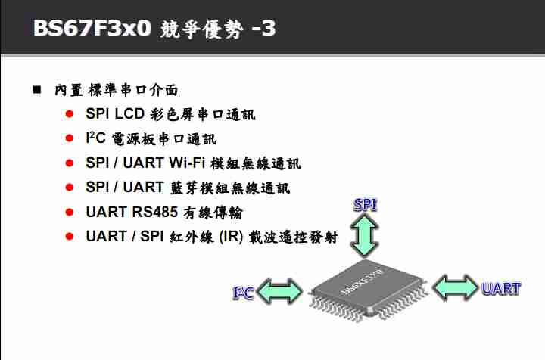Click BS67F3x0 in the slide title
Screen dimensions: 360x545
pyautogui.click(x=91, y=28)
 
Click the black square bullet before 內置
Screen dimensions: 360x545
pyautogui.click(x=36, y=90)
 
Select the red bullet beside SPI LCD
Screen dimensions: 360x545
pyautogui.click(x=69, y=115)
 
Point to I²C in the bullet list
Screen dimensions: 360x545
pyautogui.click(x=96, y=138)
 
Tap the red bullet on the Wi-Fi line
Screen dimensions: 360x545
pyautogui.click(x=69, y=163)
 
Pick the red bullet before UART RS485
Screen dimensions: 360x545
pyautogui.click(x=69, y=212)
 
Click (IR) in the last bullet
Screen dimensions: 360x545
pyautogui.click(x=229, y=236)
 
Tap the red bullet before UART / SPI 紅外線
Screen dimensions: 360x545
pyautogui.click(x=69, y=236)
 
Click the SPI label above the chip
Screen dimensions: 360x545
pyautogui.click(x=366, y=205)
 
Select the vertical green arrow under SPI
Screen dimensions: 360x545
pyautogui.click(x=366, y=234)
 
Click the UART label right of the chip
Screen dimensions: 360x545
pyautogui.click(x=500, y=288)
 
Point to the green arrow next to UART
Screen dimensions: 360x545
pyautogui.click(x=456, y=287)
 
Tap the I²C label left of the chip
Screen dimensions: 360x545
pyautogui.click(x=243, y=292)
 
